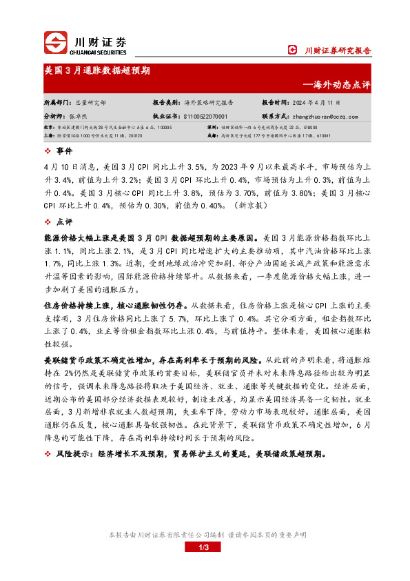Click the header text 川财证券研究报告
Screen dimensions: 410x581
click(x=338, y=50)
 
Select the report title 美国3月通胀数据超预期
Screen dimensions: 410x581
click(x=97, y=70)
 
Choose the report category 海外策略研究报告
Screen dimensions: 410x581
click(x=212, y=101)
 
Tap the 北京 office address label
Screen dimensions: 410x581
click(x=49, y=128)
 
